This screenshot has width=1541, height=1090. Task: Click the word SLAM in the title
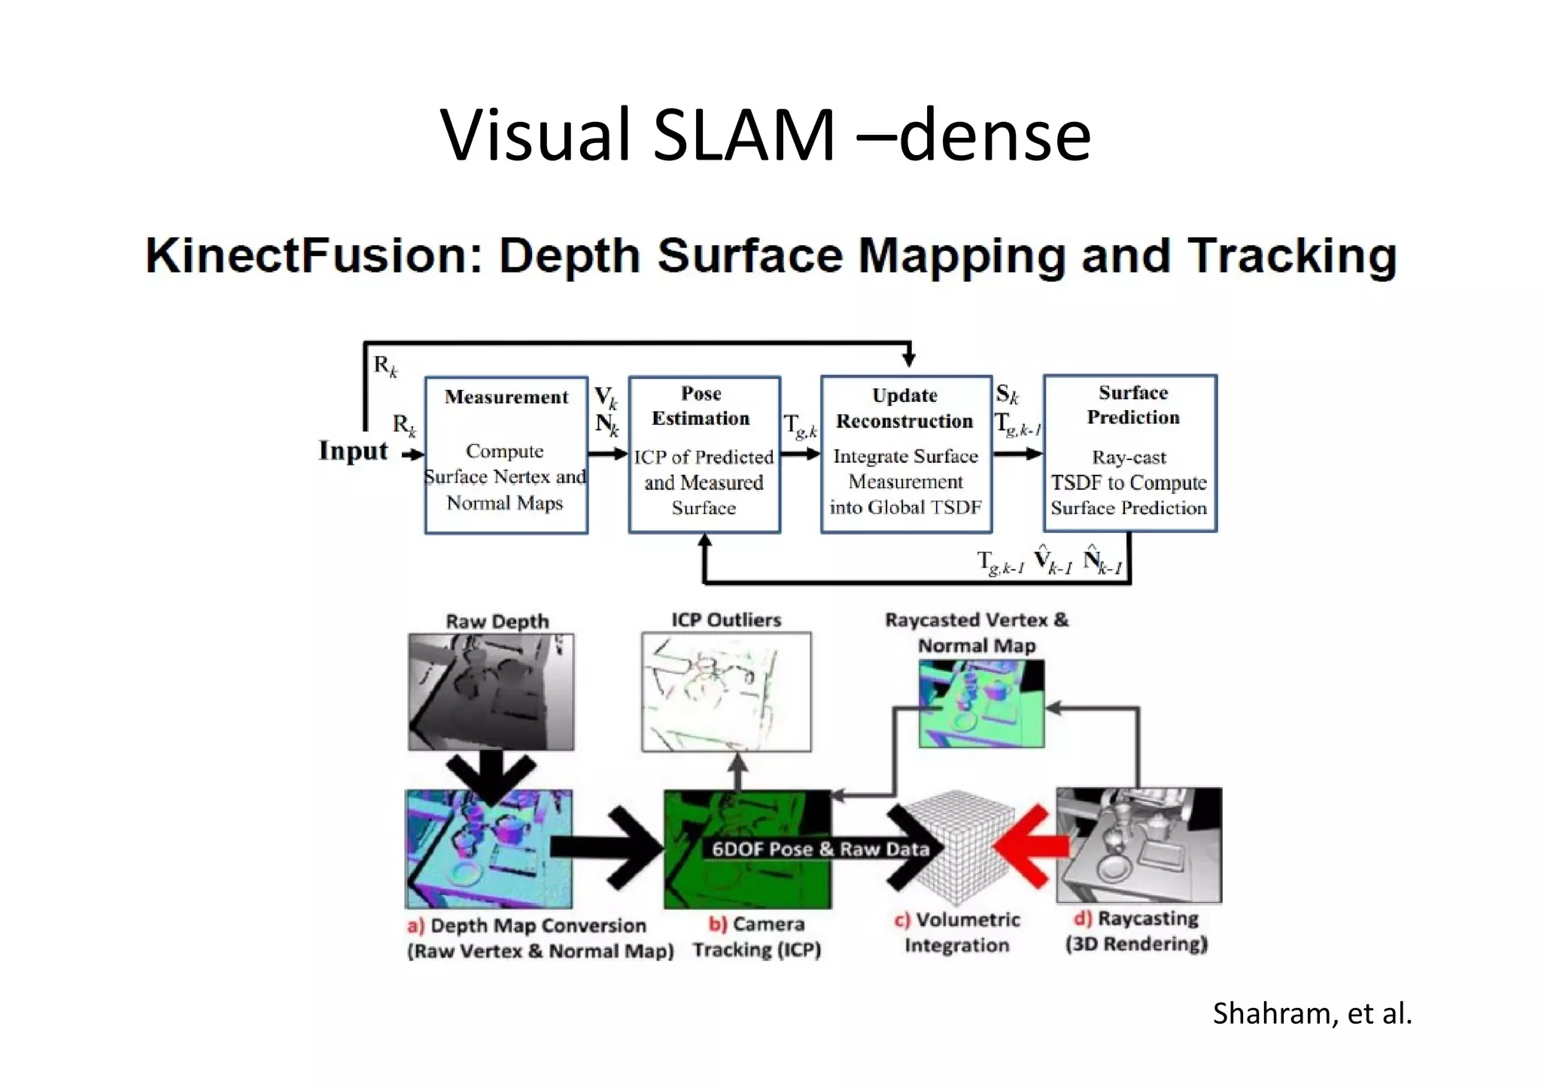(743, 135)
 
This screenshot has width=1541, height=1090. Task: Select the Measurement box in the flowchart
(506, 455)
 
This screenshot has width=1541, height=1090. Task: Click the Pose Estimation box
(704, 455)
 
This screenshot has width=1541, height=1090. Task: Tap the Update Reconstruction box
(905, 455)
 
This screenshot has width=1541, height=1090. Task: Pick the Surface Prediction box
(1129, 453)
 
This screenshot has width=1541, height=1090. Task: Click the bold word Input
(353, 451)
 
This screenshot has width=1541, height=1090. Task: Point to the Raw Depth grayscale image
(491, 692)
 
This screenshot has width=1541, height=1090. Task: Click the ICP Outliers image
(726, 692)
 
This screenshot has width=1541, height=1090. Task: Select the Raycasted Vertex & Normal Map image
(981, 704)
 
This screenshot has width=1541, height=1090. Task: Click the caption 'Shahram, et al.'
(1312, 1014)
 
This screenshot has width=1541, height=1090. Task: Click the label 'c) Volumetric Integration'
(956, 932)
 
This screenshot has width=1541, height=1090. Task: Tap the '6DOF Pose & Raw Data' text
(820, 849)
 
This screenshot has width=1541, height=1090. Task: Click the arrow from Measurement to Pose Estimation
(607, 453)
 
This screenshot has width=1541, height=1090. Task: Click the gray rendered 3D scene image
(1138, 845)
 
